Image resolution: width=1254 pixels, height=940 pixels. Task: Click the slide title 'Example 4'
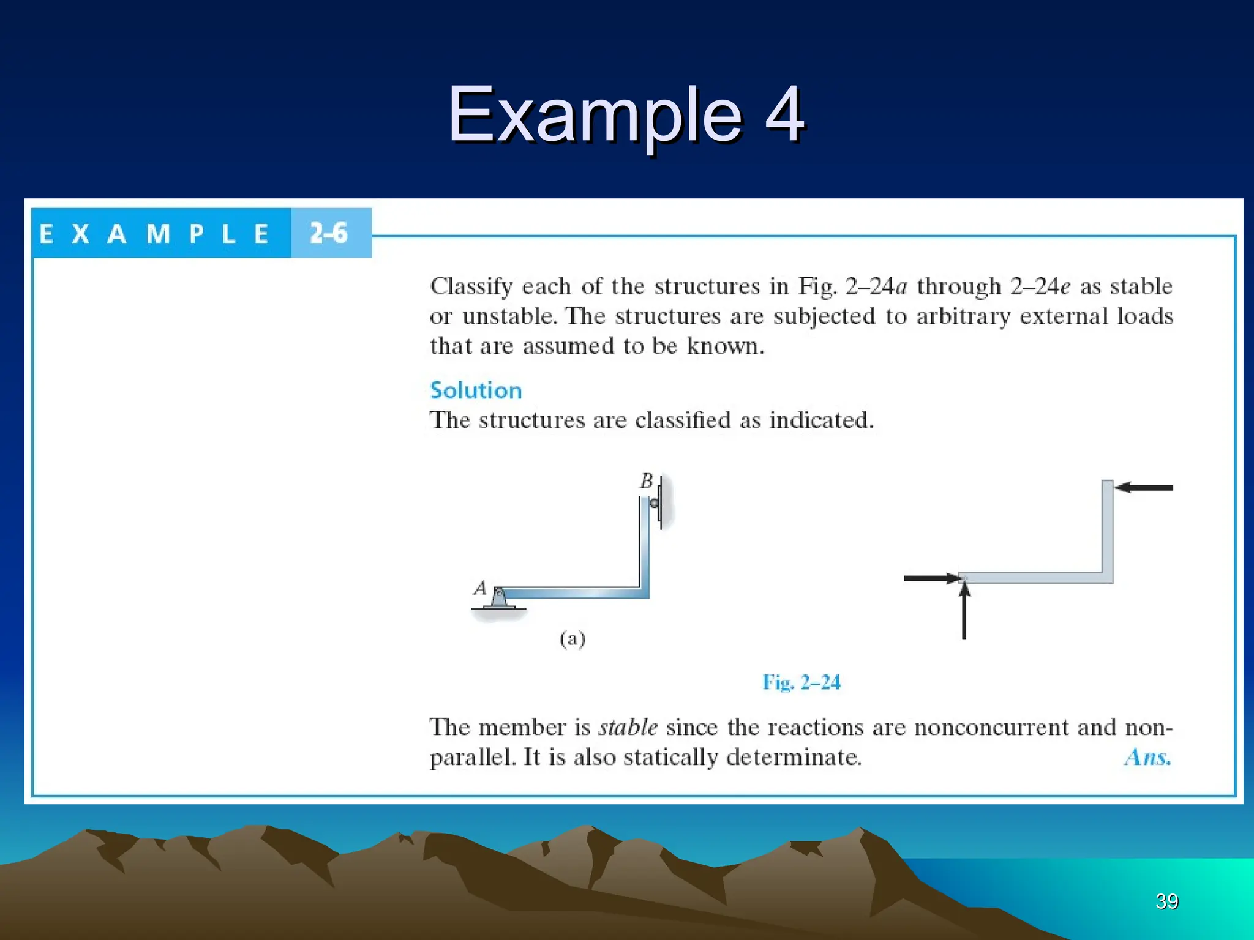pyautogui.click(x=626, y=114)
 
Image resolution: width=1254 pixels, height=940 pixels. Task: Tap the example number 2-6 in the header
pyautogui.click(x=328, y=233)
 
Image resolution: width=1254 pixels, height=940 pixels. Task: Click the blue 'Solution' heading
pyautogui.click(x=476, y=390)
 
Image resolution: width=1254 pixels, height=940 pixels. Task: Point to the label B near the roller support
pyautogui.click(x=646, y=481)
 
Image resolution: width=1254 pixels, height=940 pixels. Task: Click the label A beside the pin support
pyautogui.click(x=479, y=589)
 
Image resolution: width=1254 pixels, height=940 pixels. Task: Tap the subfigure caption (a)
pyautogui.click(x=573, y=639)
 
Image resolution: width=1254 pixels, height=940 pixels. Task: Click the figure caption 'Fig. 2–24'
pyautogui.click(x=801, y=682)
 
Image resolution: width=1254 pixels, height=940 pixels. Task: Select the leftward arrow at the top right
pyautogui.click(x=1143, y=488)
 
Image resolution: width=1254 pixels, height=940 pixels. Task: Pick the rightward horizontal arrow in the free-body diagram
pyautogui.click(x=931, y=578)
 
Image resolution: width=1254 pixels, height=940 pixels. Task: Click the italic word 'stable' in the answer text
pyautogui.click(x=628, y=727)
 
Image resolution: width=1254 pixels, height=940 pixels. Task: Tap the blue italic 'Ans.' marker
pyautogui.click(x=1147, y=758)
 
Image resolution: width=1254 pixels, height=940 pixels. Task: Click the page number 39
pyautogui.click(x=1166, y=901)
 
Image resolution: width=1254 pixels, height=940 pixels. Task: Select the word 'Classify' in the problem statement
pyautogui.click(x=471, y=286)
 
